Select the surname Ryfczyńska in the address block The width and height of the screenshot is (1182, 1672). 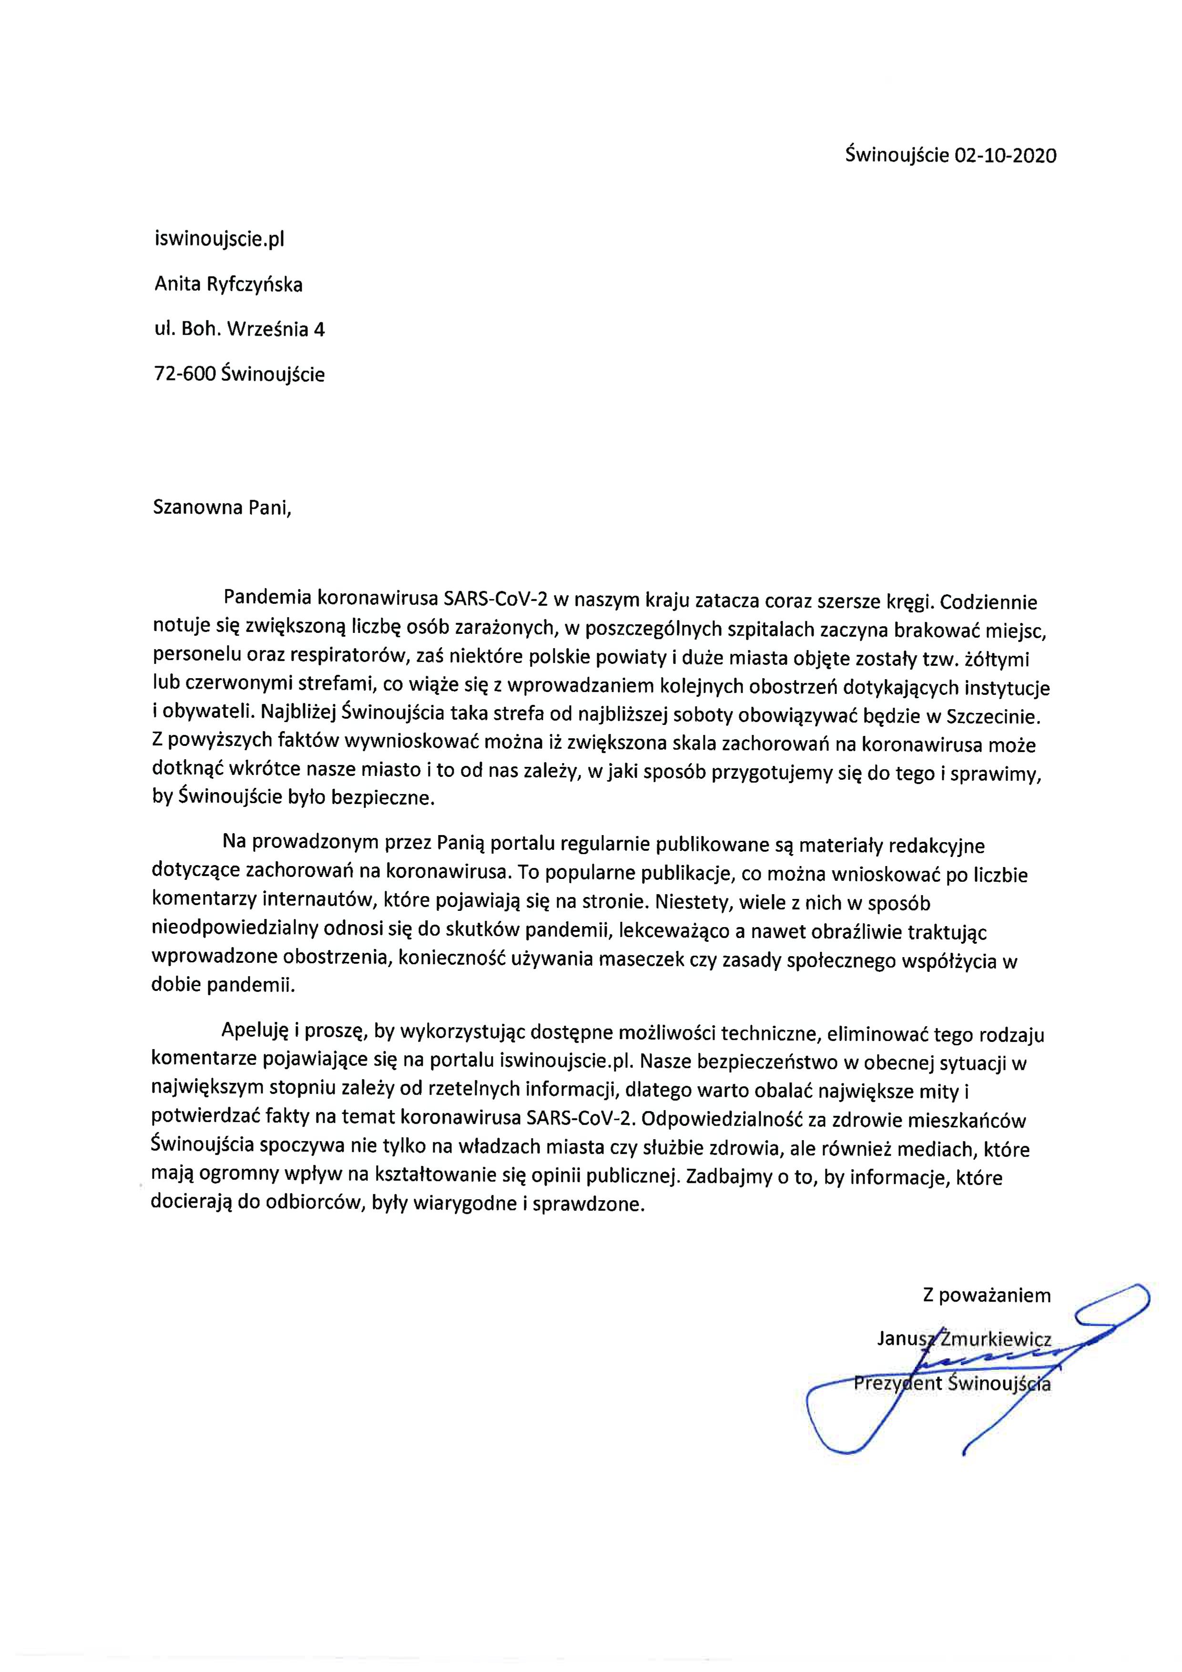pyautogui.click(x=255, y=285)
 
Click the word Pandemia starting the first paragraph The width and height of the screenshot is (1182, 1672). pyautogui.click(x=268, y=599)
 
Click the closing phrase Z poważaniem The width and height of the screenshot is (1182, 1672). pyautogui.click(x=987, y=1295)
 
